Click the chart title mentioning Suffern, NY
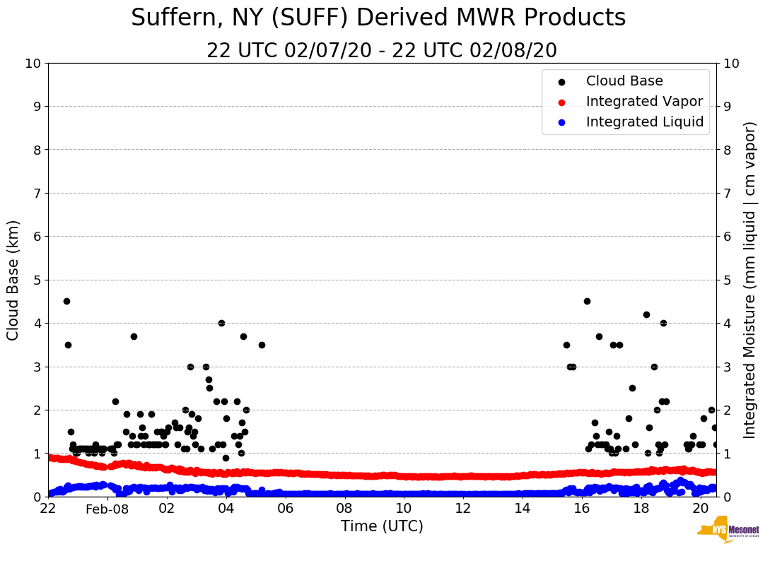[378, 18]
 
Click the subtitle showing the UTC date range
[382, 51]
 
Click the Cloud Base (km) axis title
[13, 280]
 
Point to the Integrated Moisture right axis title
[750, 280]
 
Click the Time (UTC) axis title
[382, 526]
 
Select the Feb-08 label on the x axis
[107, 509]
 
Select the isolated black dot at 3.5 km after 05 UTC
[262, 345]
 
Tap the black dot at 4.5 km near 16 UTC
[587, 301]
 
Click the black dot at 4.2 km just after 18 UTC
[646, 314]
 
